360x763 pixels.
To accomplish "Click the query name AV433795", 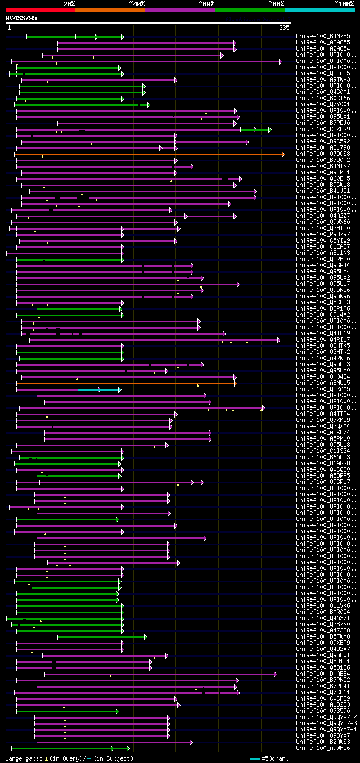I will [21, 18].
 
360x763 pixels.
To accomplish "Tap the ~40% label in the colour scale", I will [137, 3].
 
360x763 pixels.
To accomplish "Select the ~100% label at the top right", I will [344, 3].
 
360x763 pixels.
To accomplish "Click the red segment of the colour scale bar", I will [39, 10].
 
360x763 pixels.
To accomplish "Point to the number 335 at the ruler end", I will [284, 27].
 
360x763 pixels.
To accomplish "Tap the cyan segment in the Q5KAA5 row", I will [99, 389].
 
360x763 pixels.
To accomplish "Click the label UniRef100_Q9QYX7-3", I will [326, 724].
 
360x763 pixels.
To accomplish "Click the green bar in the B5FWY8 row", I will [101, 637].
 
